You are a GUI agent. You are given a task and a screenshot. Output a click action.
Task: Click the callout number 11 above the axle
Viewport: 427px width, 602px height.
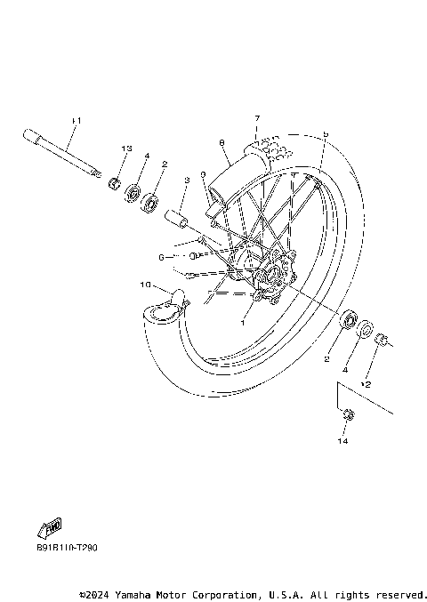[77, 120]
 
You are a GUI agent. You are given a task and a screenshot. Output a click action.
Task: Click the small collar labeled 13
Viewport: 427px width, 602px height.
[115, 184]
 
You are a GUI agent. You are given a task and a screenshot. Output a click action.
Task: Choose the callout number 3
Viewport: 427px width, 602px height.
[187, 181]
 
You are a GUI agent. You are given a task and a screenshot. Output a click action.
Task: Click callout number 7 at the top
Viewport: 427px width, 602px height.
[256, 118]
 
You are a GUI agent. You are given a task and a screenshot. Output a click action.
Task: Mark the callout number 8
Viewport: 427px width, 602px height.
[220, 142]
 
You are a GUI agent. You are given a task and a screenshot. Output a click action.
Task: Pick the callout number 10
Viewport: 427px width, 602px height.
[144, 285]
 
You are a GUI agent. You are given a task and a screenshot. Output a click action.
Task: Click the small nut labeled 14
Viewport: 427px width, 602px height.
[345, 413]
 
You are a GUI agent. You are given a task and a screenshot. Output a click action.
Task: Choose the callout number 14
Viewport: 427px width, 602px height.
[343, 441]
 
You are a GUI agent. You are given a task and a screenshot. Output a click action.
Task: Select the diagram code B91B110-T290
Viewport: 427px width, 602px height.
[68, 548]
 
